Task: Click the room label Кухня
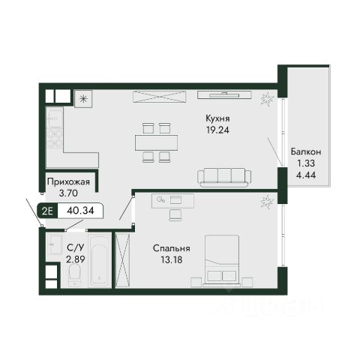[217, 118]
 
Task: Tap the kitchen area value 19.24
[217, 130]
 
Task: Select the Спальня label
[172, 248]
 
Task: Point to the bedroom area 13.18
[172, 260]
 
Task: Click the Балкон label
[306, 151]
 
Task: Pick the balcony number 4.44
[306, 175]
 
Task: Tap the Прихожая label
[68, 181]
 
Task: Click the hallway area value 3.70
[68, 193]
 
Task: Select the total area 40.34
[80, 211]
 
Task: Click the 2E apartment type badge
[47, 211]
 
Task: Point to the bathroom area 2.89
[76, 259]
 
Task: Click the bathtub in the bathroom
[100, 261]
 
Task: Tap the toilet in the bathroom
[75, 275]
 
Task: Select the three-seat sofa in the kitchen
[224, 177]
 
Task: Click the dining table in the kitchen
[157, 142]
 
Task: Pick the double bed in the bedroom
[222, 260]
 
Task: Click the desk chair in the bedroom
[175, 215]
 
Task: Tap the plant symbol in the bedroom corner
[267, 202]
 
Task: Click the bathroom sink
[55, 244]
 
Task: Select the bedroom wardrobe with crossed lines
[123, 260]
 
